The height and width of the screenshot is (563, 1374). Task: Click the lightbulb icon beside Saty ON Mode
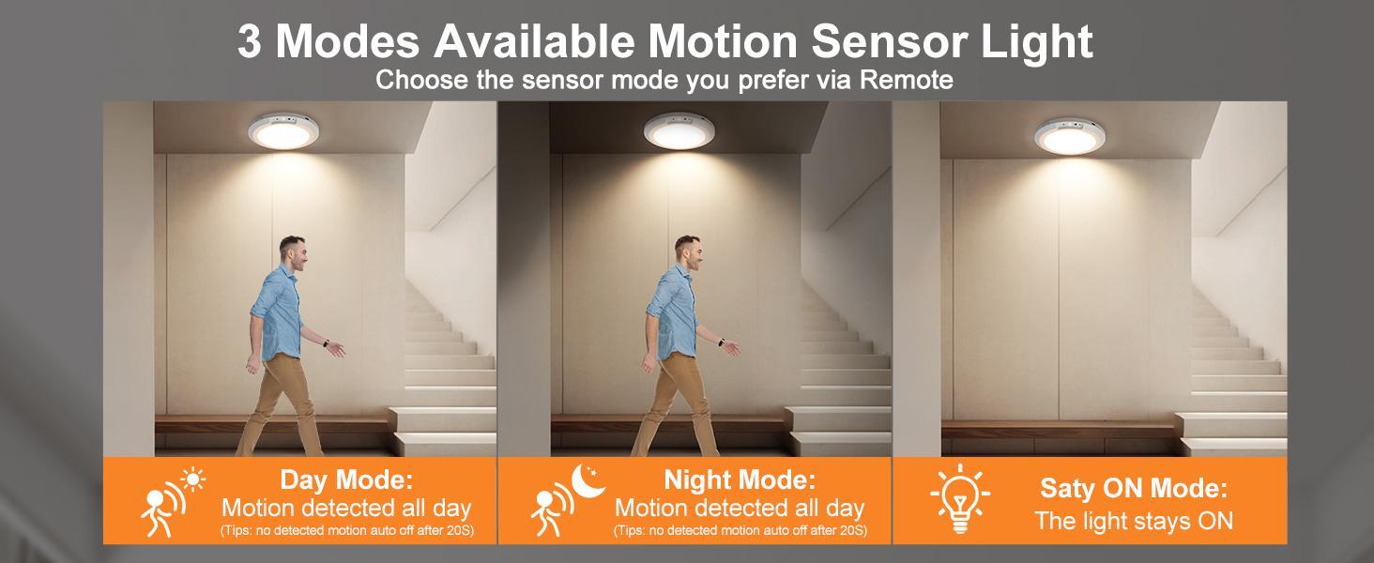tap(960, 498)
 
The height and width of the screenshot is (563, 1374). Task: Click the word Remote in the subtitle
tap(907, 80)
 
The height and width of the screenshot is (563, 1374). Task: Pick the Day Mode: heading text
tap(346, 481)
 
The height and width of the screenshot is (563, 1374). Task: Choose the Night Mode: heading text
tap(740, 481)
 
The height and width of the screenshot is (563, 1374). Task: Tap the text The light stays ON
tap(1134, 521)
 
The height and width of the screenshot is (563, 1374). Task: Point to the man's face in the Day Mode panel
tap(299, 254)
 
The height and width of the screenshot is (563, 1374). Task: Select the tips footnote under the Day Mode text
tap(346, 532)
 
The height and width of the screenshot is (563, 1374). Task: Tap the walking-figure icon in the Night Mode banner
tap(548, 510)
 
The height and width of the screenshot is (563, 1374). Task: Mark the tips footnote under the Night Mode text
tap(740, 532)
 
